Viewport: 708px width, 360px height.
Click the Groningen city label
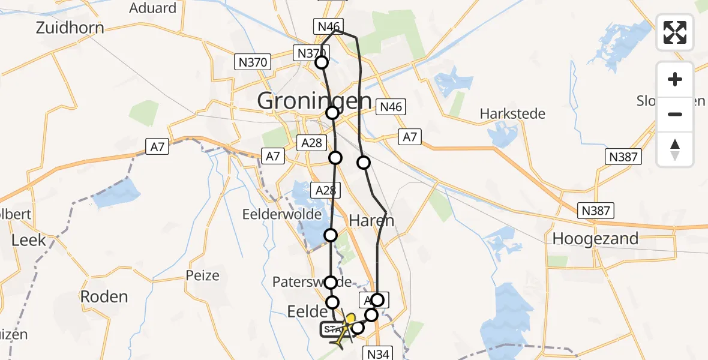[314, 101]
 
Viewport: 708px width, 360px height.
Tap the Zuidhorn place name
[70, 28]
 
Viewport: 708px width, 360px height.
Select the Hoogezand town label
[595, 239]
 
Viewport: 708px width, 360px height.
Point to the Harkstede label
[512, 113]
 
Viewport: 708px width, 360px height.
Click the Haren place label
[373, 220]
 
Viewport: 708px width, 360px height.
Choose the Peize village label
[203, 276]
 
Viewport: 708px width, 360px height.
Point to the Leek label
[29, 240]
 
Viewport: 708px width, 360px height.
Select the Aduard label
[153, 8]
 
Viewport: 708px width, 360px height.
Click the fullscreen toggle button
[675, 32]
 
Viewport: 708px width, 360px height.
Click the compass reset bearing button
[675, 149]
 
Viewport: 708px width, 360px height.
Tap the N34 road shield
[379, 354]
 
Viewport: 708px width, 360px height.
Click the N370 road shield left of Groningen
[253, 61]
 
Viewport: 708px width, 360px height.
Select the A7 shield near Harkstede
[410, 137]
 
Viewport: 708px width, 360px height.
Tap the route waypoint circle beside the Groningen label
[332, 112]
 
